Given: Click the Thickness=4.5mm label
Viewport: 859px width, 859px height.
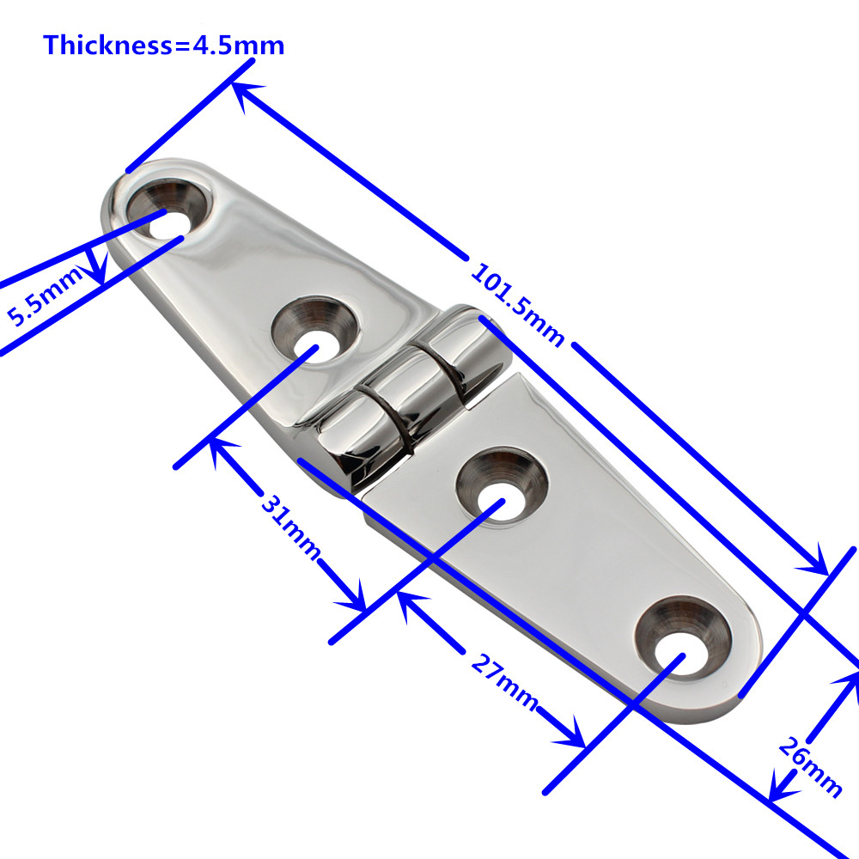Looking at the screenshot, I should (163, 45).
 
